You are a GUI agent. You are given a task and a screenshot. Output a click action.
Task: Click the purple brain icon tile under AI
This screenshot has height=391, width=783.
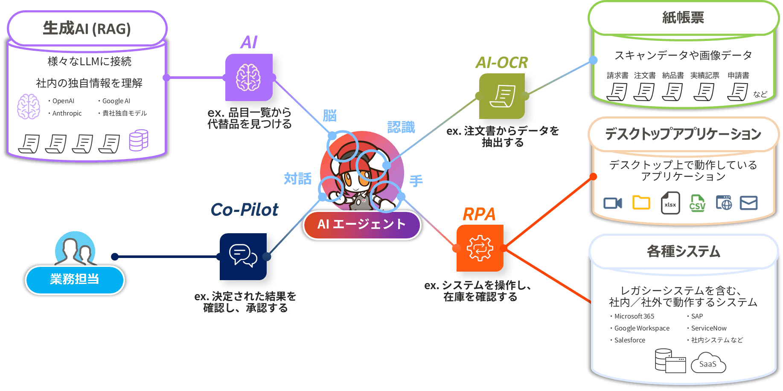[249, 77]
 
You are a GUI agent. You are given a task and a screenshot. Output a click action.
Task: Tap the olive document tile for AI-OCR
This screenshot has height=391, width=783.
[502, 96]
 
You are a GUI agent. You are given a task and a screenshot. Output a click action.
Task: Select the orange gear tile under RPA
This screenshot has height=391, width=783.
[480, 248]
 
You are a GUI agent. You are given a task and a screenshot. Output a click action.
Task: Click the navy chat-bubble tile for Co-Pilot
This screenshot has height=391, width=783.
[243, 256]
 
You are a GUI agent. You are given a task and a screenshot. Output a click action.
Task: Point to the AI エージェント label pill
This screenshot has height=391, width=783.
[361, 224]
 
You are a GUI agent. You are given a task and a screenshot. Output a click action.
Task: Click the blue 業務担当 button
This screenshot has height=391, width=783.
[75, 279]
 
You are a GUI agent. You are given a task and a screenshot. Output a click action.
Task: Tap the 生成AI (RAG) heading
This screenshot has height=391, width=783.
[87, 29]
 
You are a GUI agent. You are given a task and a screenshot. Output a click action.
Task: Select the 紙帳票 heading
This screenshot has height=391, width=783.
[683, 18]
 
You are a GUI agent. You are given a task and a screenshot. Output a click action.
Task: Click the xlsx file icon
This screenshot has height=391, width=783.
[670, 203]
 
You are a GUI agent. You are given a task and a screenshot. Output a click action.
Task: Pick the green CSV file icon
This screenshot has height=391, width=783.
[697, 203]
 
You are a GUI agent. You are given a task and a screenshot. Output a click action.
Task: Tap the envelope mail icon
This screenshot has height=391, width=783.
[748, 203]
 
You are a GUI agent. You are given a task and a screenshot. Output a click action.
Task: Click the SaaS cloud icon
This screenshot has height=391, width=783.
[708, 363]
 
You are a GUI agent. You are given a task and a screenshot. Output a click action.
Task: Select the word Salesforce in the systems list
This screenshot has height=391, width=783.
[629, 340]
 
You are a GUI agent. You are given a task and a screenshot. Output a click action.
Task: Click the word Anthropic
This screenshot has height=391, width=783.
[67, 113]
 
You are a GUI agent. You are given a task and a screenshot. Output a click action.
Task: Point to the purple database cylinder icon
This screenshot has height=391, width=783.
[139, 140]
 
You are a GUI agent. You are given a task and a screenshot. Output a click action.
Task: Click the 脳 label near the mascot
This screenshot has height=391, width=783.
[329, 115]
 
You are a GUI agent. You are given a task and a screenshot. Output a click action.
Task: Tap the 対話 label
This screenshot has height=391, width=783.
[297, 178]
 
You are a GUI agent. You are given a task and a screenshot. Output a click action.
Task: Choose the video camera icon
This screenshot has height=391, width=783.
[613, 203]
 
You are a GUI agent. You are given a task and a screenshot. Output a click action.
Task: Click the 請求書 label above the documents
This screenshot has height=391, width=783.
[617, 75]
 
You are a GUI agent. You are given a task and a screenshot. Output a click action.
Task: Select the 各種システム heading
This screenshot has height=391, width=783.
[683, 252]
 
